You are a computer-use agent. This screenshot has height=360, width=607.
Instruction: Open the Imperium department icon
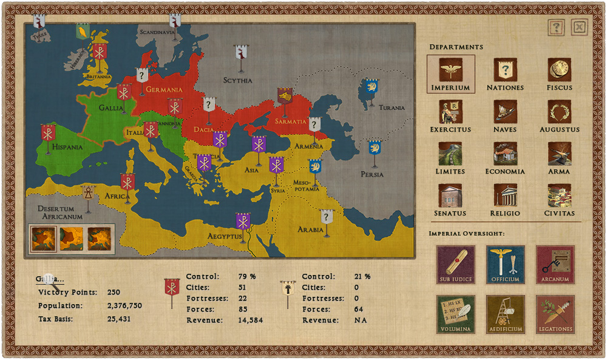tap(450, 70)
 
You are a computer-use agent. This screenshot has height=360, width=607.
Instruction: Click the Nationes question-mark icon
tap(505, 70)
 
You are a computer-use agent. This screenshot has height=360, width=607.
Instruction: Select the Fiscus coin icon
tap(559, 70)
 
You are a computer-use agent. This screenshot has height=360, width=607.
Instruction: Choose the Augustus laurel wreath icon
tap(559, 112)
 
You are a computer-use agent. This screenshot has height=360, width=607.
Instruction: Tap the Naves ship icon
tap(505, 112)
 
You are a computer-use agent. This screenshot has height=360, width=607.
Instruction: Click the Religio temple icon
tap(505, 195)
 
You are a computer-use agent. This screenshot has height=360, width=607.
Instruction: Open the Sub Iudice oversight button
tap(455, 265)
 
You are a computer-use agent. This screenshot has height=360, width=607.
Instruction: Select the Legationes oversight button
tap(555, 314)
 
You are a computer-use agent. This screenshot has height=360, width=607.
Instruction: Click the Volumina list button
tap(455, 314)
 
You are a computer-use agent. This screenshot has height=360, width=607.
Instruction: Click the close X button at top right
tap(580, 27)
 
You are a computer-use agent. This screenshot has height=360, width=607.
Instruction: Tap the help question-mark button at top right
tap(557, 27)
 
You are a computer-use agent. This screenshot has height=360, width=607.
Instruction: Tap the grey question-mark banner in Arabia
tap(327, 217)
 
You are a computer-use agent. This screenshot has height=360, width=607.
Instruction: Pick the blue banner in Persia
tap(375, 148)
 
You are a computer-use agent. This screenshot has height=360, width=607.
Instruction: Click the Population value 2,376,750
tap(124, 305)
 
